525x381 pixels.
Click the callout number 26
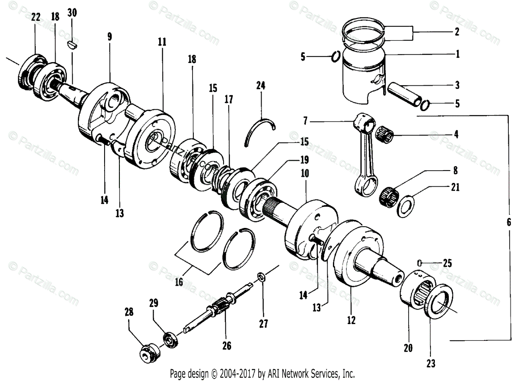point(226,346)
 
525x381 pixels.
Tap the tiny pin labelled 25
point(420,262)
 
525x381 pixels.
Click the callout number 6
point(508,222)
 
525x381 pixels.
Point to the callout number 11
point(162,42)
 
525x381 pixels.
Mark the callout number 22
point(36,17)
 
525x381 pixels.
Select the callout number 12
point(351,321)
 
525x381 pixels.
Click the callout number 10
point(305,173)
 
